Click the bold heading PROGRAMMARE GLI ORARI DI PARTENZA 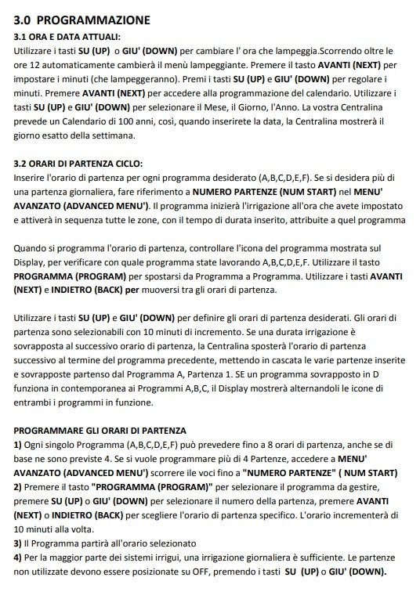pos(100,431)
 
